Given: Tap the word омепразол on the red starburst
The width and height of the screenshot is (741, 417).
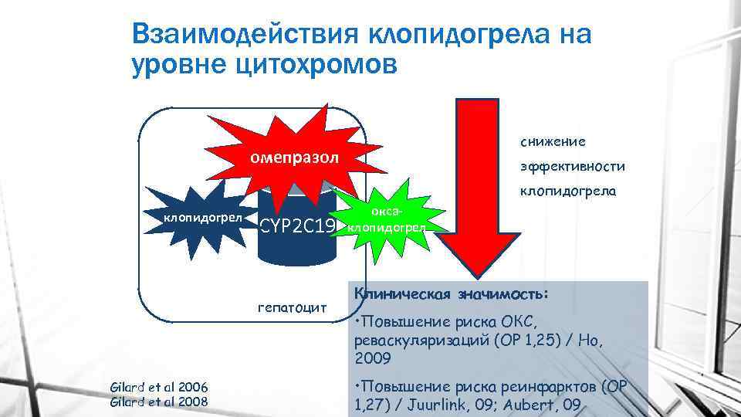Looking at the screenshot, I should click(293, 158).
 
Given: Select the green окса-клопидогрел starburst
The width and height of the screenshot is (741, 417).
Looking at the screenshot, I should click(385, 221).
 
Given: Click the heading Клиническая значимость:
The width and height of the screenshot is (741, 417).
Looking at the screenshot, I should click(452, 294).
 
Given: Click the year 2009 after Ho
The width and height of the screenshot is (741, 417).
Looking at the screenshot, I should click(374, 358).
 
